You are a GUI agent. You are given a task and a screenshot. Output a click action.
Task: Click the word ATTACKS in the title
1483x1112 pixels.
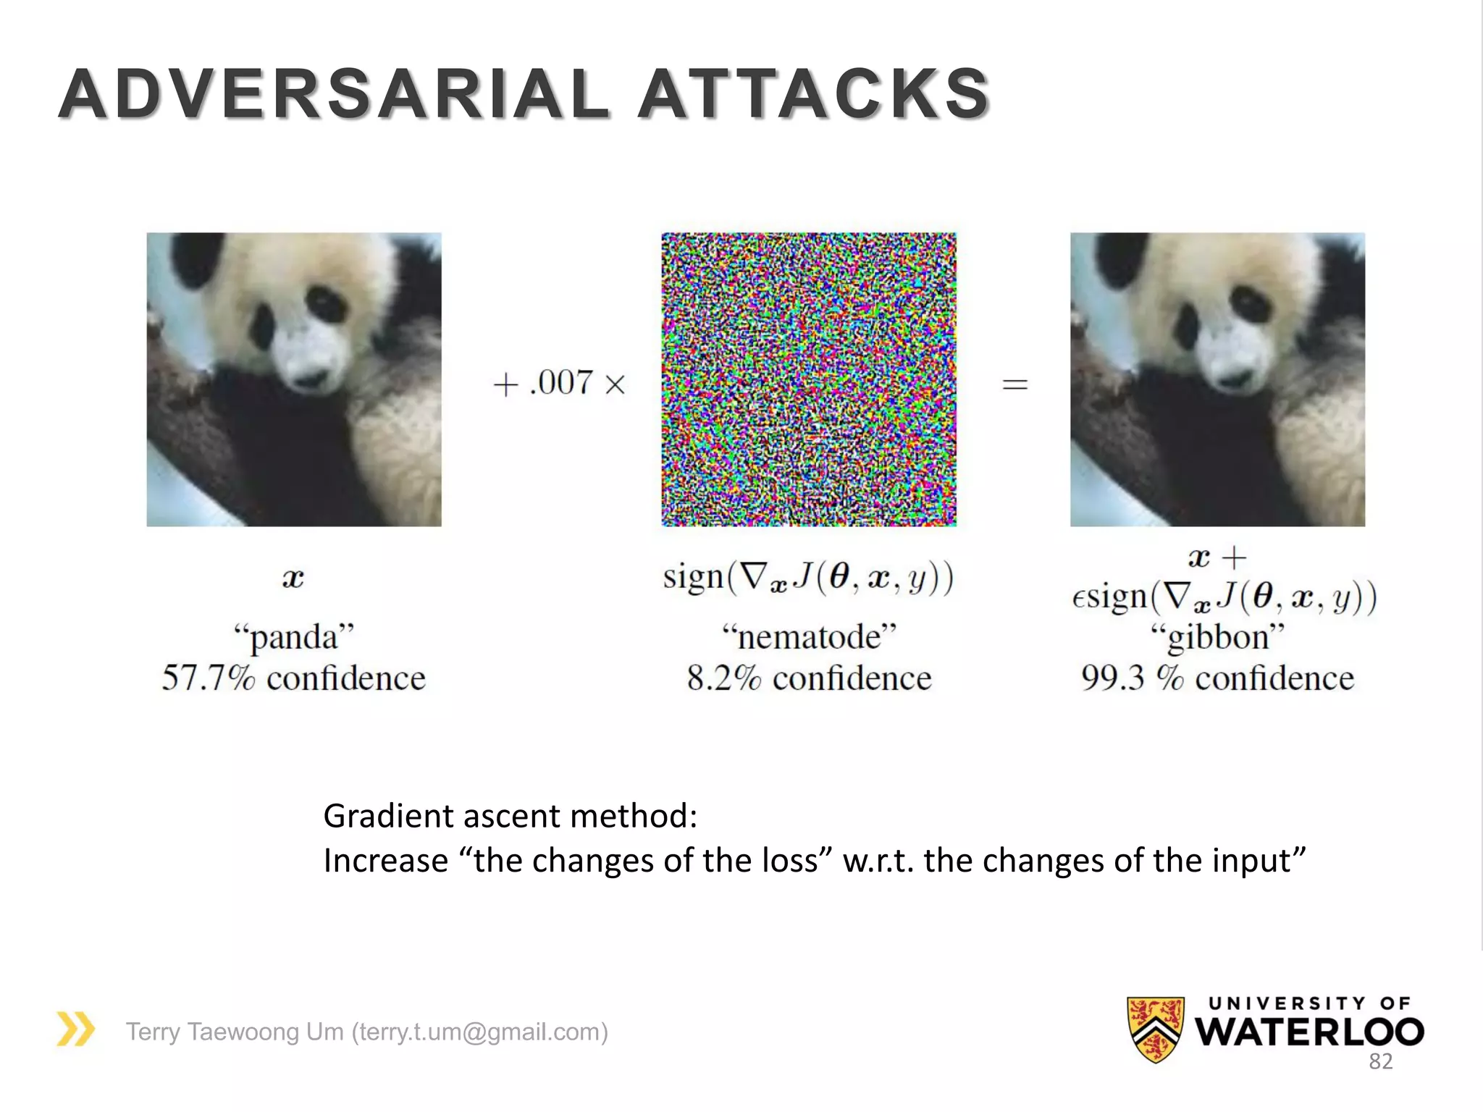point(814,94)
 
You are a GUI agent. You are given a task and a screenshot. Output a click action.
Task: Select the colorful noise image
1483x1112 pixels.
point(808,379)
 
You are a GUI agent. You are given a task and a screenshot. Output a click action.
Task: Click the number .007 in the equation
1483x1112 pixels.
point(561,382)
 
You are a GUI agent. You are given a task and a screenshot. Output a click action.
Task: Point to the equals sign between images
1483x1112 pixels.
point(1014,384)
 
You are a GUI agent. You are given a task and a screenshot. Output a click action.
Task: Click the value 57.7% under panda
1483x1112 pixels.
point(209,678)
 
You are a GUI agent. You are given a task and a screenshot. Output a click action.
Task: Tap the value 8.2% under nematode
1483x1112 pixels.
point(723,678)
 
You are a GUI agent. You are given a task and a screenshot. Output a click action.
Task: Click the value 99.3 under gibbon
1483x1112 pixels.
point(1114,678)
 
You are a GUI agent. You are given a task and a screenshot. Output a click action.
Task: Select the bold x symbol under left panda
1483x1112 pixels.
point(293,578)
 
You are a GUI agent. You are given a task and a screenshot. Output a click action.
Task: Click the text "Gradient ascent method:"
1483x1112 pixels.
point(510,816)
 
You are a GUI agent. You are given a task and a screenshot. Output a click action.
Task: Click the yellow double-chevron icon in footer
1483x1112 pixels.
point(75,1029)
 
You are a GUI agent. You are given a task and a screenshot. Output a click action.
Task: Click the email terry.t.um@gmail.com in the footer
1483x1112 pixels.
point(479,1032)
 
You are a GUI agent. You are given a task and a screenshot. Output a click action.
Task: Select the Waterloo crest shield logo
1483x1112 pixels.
point(1155,1029)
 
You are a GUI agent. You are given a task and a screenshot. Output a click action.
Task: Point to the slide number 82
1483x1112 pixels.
point(1380,1061)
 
